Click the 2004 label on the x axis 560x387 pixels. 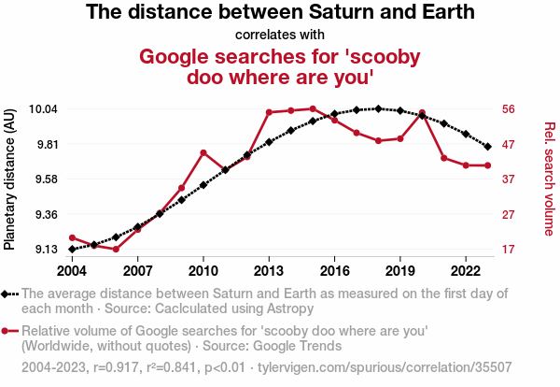point(72,270)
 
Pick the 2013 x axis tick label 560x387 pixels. point(269,270)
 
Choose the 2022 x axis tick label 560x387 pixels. point(466,270)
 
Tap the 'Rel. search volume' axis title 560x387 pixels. point(549,179)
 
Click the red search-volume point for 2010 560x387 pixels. point(203,152)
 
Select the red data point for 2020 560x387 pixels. point(423,113)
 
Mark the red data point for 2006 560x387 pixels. point(116,250)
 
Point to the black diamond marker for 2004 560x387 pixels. point(72,250)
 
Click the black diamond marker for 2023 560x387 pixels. point(488,147)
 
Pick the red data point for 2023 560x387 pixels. point(488,165)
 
